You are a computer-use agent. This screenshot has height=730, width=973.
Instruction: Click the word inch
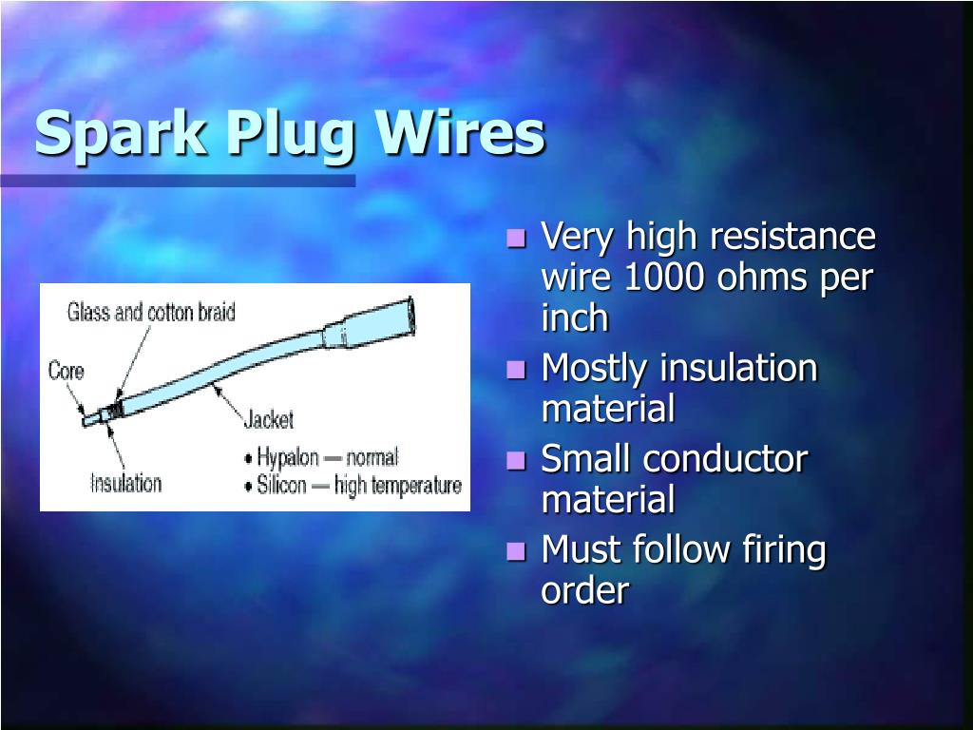(x=574, y=319)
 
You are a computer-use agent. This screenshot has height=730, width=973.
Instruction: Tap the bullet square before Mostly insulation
(x=517, y=369)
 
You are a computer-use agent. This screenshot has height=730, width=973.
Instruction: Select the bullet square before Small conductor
(x=517, y=460)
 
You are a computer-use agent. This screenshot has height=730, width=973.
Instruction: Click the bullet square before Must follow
(x=517, y=550)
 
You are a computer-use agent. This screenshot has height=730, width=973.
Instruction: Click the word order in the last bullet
(x=584, y=591)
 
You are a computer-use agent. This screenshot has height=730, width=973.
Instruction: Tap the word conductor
(x=725, y=459)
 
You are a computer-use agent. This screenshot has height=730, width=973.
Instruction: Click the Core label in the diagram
(x=66, y=370)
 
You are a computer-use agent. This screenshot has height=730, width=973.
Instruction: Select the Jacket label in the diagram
(x=269, y=418)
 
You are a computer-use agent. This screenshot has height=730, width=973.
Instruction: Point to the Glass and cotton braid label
(x=151, y=312)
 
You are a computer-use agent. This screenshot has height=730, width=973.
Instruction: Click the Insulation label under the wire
(x=125, y=483)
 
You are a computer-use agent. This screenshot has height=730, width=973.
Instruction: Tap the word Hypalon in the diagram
(x=288, y=457)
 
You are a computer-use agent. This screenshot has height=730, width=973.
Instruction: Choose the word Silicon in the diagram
(x=282, y=486)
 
